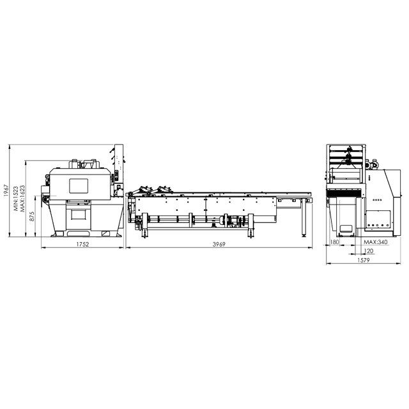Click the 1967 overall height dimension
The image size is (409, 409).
[6, 190]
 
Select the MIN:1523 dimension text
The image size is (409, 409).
[16, 199]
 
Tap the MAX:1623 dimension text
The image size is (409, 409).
[22, 198]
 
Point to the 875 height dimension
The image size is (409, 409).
[32, 216]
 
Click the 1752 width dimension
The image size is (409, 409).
[82, 244]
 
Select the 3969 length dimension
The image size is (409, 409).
[219, 244]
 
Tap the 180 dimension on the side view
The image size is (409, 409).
[335, 242]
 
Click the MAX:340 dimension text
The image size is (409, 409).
[376, 242]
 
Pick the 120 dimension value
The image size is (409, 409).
[369, 251]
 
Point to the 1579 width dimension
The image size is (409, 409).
[364, 260]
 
